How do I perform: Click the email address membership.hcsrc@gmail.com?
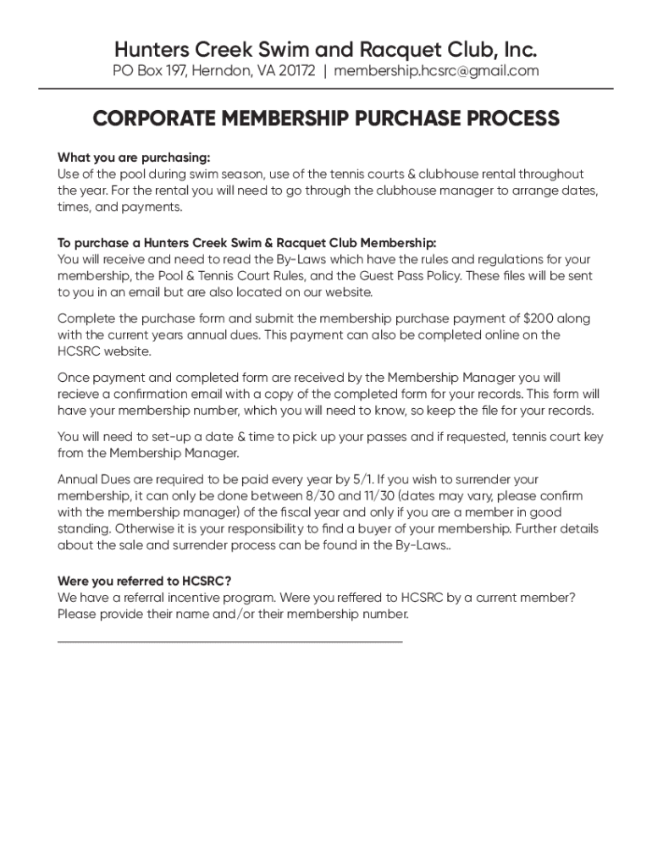pos(436,71)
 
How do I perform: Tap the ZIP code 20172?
pos(294,71)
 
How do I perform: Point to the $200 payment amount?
pos(540,318)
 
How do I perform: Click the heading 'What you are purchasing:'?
pos(133,157)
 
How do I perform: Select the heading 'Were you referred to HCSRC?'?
pos(145,581)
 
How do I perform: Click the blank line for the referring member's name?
pos(229,641)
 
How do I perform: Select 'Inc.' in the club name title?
pos(517,47)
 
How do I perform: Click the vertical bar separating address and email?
pos(325,71)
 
